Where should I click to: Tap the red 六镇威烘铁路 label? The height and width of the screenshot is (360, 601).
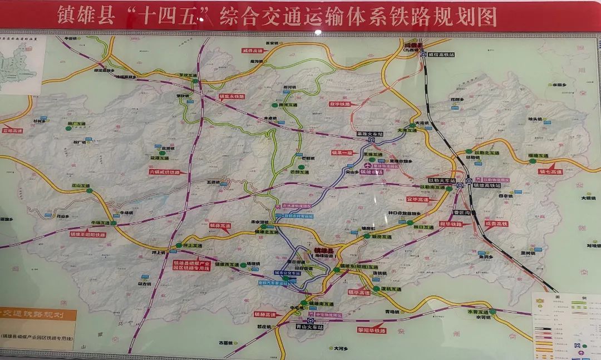pyautogui.click(x=165, y=172)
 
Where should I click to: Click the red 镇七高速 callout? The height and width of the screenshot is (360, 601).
pyautogui.click(x=550, y=172)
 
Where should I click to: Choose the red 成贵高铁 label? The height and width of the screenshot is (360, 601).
pyautogui.click(x=496, y=224)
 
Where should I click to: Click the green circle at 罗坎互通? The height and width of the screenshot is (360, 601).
pyautogui.click(x=195, y=81)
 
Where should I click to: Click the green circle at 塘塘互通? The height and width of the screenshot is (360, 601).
pyautogui.click(x=533, y=161)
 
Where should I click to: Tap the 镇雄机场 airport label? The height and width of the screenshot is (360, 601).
pyautogui.click(x=371, y=172)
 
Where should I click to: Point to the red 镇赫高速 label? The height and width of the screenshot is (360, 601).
pyautogui.click(x=265, y=314)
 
